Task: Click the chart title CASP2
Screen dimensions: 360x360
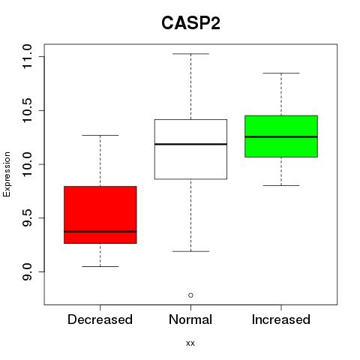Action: coord(190,23)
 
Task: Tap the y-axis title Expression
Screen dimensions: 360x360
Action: coord(7,174)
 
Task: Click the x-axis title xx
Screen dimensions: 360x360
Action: coord(190,343)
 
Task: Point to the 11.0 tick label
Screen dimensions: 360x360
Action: coord(27,56)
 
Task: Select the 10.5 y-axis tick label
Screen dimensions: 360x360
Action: coord(27,110)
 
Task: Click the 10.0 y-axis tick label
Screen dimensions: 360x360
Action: coord(27,164)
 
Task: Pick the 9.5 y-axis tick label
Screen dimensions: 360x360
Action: coord(27,218)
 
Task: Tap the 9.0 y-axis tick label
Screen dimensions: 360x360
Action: coord(27,271)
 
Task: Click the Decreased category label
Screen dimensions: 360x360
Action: coord(100,319)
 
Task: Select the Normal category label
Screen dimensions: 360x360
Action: coord(190,319)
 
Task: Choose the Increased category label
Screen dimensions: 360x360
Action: coord(281,319)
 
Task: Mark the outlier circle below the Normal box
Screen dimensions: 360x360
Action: coord(190,295)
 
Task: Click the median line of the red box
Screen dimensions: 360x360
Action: coord(100,232)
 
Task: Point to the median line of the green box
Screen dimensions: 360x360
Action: coord(281,136)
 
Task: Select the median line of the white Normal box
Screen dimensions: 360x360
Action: coord(190,144)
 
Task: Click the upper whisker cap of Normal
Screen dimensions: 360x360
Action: coord(190,54)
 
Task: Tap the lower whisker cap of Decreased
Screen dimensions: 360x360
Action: coord(100,266)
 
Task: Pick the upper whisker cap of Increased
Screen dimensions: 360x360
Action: coord(281,73)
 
